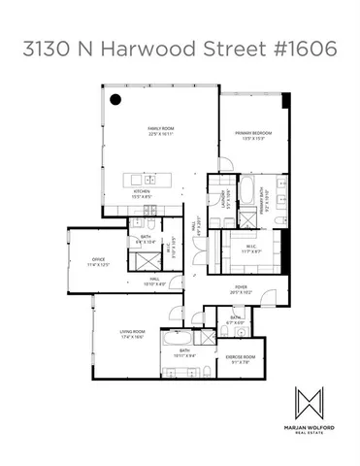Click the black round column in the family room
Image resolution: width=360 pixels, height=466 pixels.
[115, 97]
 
